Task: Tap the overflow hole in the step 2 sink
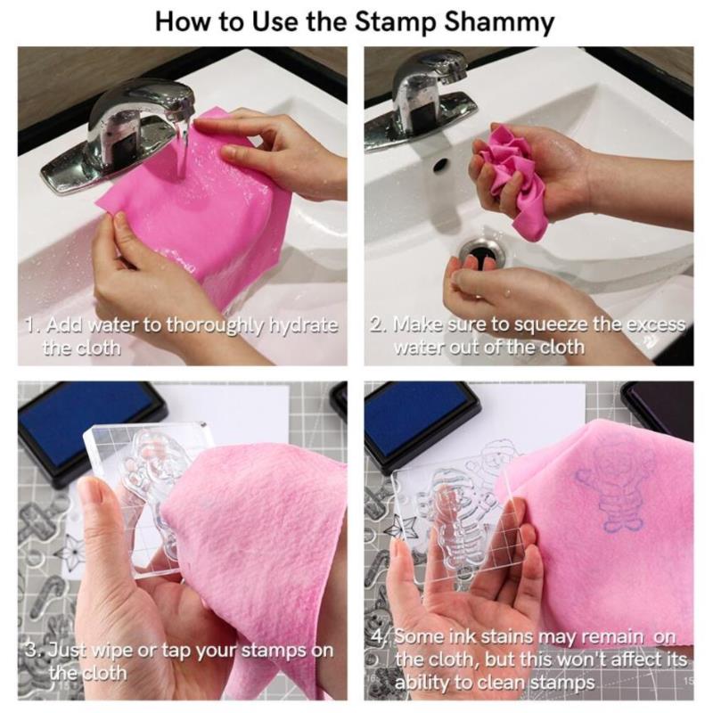(x=439, y=165)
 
